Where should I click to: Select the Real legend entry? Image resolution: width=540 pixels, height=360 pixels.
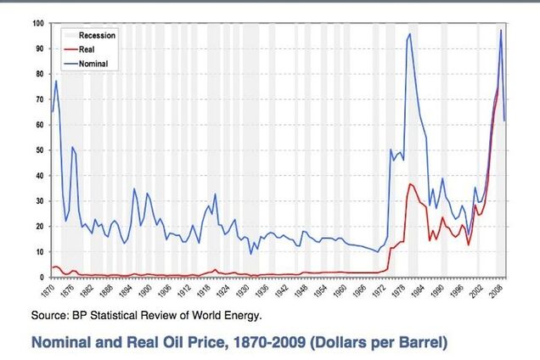88,50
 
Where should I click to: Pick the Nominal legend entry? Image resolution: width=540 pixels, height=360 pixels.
93,64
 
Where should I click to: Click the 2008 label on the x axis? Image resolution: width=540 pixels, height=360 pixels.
501,290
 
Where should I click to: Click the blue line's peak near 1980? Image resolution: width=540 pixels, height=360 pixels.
409,34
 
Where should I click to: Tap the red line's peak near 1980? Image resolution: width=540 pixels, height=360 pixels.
411,184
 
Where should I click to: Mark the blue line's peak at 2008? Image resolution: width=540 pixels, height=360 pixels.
501,30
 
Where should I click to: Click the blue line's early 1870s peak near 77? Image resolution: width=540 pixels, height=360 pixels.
56,81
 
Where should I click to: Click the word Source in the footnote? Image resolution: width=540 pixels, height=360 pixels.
49,316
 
